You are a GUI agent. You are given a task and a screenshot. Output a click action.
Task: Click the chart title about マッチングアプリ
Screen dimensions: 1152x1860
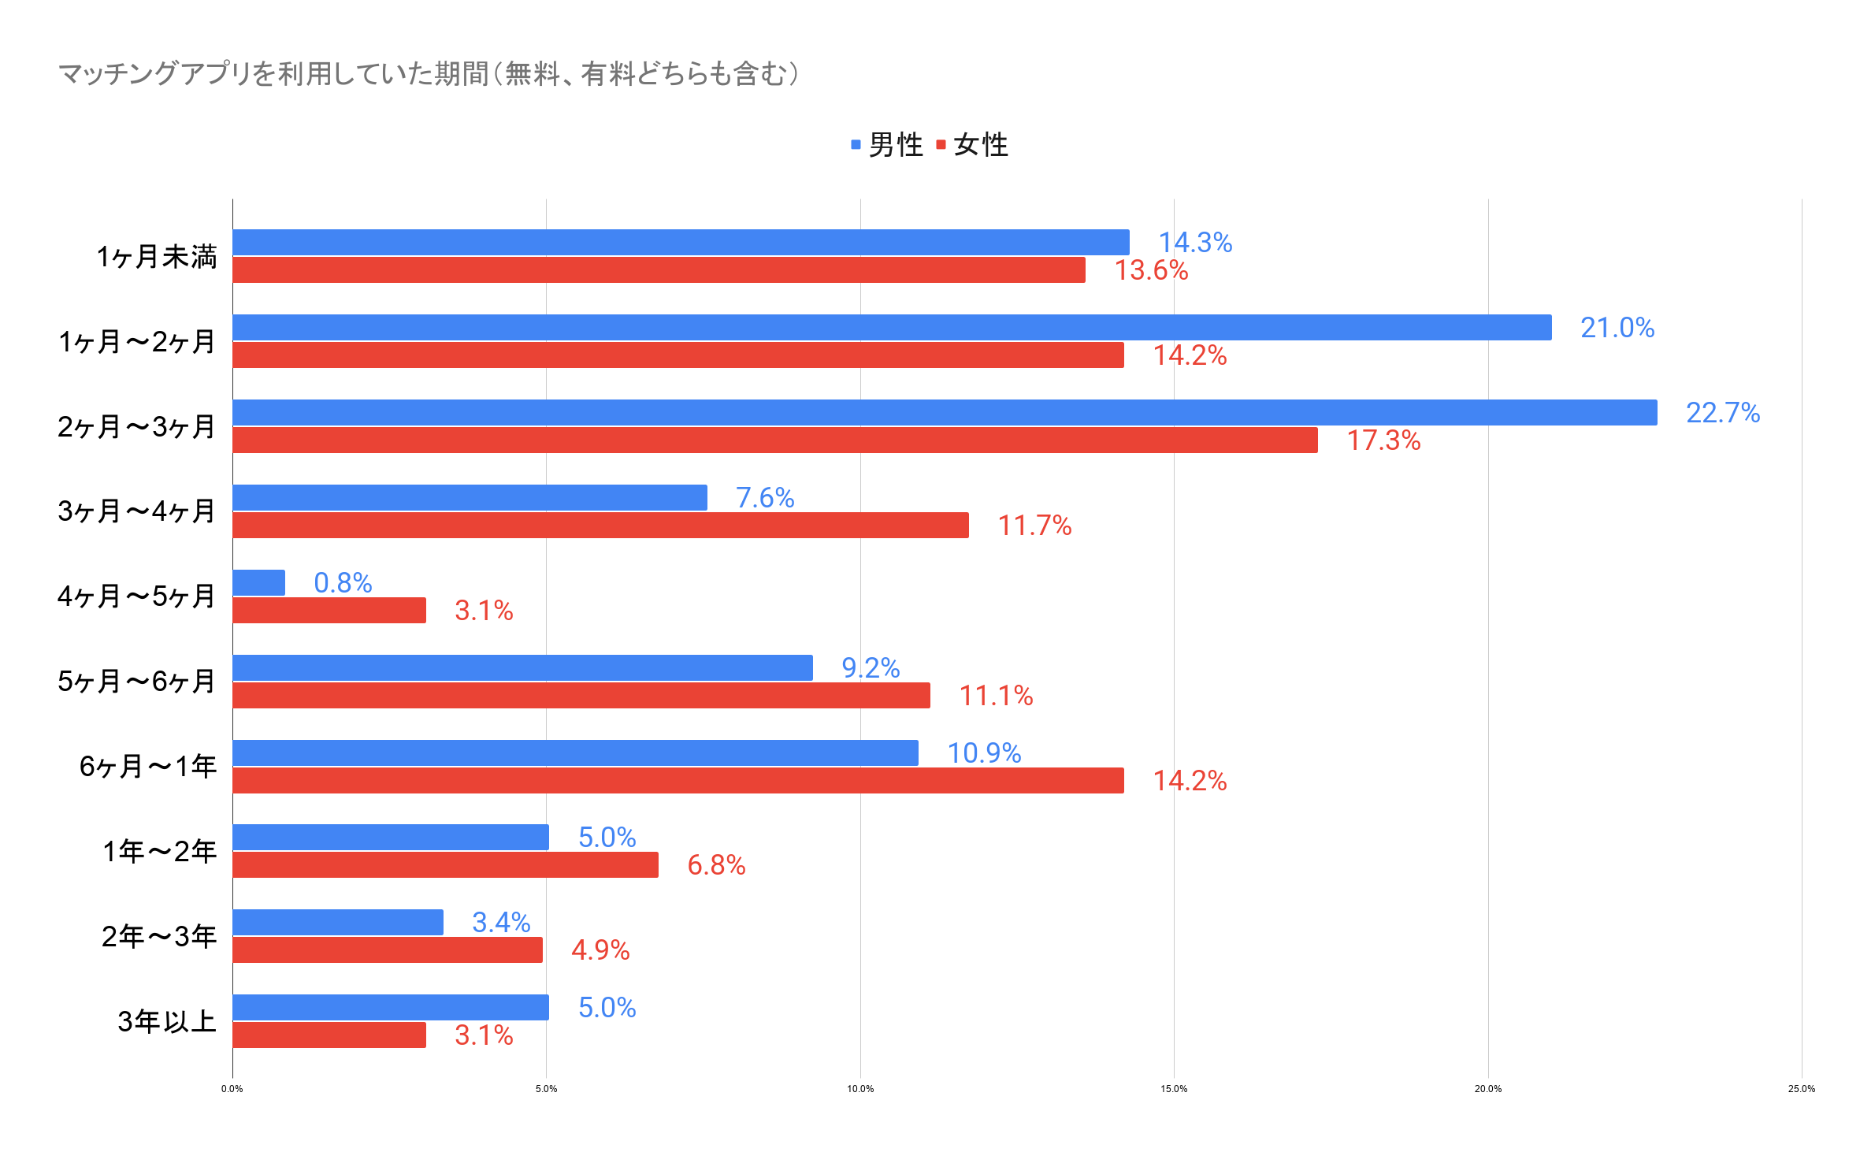click(429, 74)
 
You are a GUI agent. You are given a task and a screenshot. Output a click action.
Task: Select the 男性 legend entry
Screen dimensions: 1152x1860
click(888, 145)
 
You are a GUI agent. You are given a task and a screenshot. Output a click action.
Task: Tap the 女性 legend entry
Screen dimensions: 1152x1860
click(973, 145)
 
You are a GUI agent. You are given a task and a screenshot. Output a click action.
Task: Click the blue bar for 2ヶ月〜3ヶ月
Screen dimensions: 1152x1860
click(944, 412)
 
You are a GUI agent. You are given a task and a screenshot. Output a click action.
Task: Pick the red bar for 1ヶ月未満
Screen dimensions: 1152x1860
click(659, 270)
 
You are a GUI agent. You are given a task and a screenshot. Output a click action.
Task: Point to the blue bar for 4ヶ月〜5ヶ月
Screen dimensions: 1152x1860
click(258, 582)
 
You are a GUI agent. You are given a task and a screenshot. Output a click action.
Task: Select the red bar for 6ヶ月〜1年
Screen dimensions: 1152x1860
click(678, 780)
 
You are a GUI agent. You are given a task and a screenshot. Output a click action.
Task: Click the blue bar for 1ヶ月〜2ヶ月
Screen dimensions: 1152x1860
click(892, 327)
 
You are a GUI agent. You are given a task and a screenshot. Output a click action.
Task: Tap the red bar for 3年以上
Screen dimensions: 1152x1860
click(329, 1035)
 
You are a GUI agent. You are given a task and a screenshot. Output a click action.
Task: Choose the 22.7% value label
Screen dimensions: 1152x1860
click(1722, 413)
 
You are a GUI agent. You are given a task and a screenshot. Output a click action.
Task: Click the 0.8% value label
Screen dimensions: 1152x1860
click(343, 583)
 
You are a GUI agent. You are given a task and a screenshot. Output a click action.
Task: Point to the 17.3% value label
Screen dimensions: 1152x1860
click(1383, 440)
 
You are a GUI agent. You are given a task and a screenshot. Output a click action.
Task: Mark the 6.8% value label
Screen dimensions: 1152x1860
click(716, 865)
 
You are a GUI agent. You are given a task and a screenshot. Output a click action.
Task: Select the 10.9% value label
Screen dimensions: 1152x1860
click(984, 753)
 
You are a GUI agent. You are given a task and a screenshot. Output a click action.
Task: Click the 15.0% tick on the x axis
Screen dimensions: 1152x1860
click(1174, 1089)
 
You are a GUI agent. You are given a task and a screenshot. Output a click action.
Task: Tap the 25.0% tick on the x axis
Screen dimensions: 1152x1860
click(1801, 1089)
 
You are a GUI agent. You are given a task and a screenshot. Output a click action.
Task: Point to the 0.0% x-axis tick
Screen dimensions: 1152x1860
click(232, 1089)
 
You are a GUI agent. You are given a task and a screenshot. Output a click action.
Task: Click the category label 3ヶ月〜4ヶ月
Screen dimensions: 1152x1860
click(136, 511)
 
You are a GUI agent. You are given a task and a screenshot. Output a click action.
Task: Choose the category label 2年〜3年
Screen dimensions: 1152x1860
click(158, 936)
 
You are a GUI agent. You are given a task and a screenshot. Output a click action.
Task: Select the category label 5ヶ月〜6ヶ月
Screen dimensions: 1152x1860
click(136, 682)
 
